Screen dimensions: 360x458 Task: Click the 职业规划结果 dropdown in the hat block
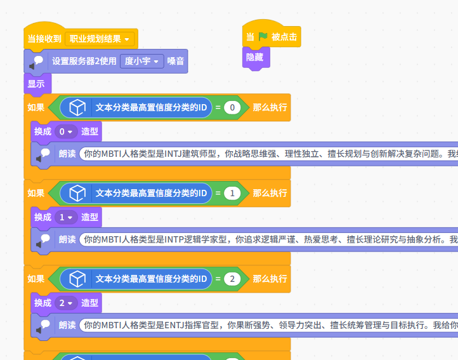tap(100, 39)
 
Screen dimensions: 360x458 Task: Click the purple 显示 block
tap(36, 83)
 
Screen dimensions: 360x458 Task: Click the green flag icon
tap(263, 37)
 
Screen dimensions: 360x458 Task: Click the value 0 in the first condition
tap(232, 108)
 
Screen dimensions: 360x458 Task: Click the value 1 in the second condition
tap(232, 193)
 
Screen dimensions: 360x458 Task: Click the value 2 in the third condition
tap(232, 279)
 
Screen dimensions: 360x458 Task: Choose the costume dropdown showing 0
tap(65, 131)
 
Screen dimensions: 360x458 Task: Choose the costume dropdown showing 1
tap(65, 217)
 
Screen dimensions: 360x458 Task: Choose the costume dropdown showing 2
tap(65, 303)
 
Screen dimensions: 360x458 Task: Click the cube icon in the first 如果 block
tap(77, 108)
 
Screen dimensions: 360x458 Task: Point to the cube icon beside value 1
tap(77, 193)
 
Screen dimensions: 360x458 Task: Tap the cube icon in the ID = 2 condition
tap(77, 279)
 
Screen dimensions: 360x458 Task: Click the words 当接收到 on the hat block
tap(44, 39)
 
